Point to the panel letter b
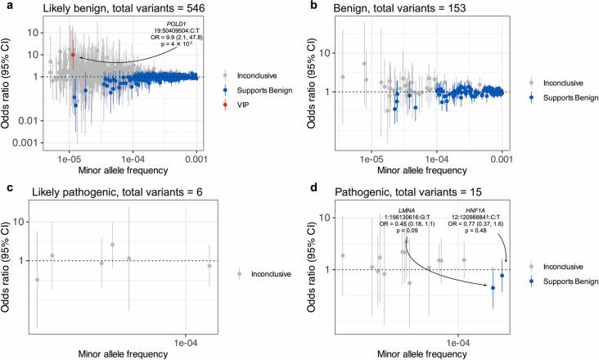[x=315, y=7]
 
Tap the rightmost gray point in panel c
[x=209, y=266]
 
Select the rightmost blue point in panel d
[x=502, y=276]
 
